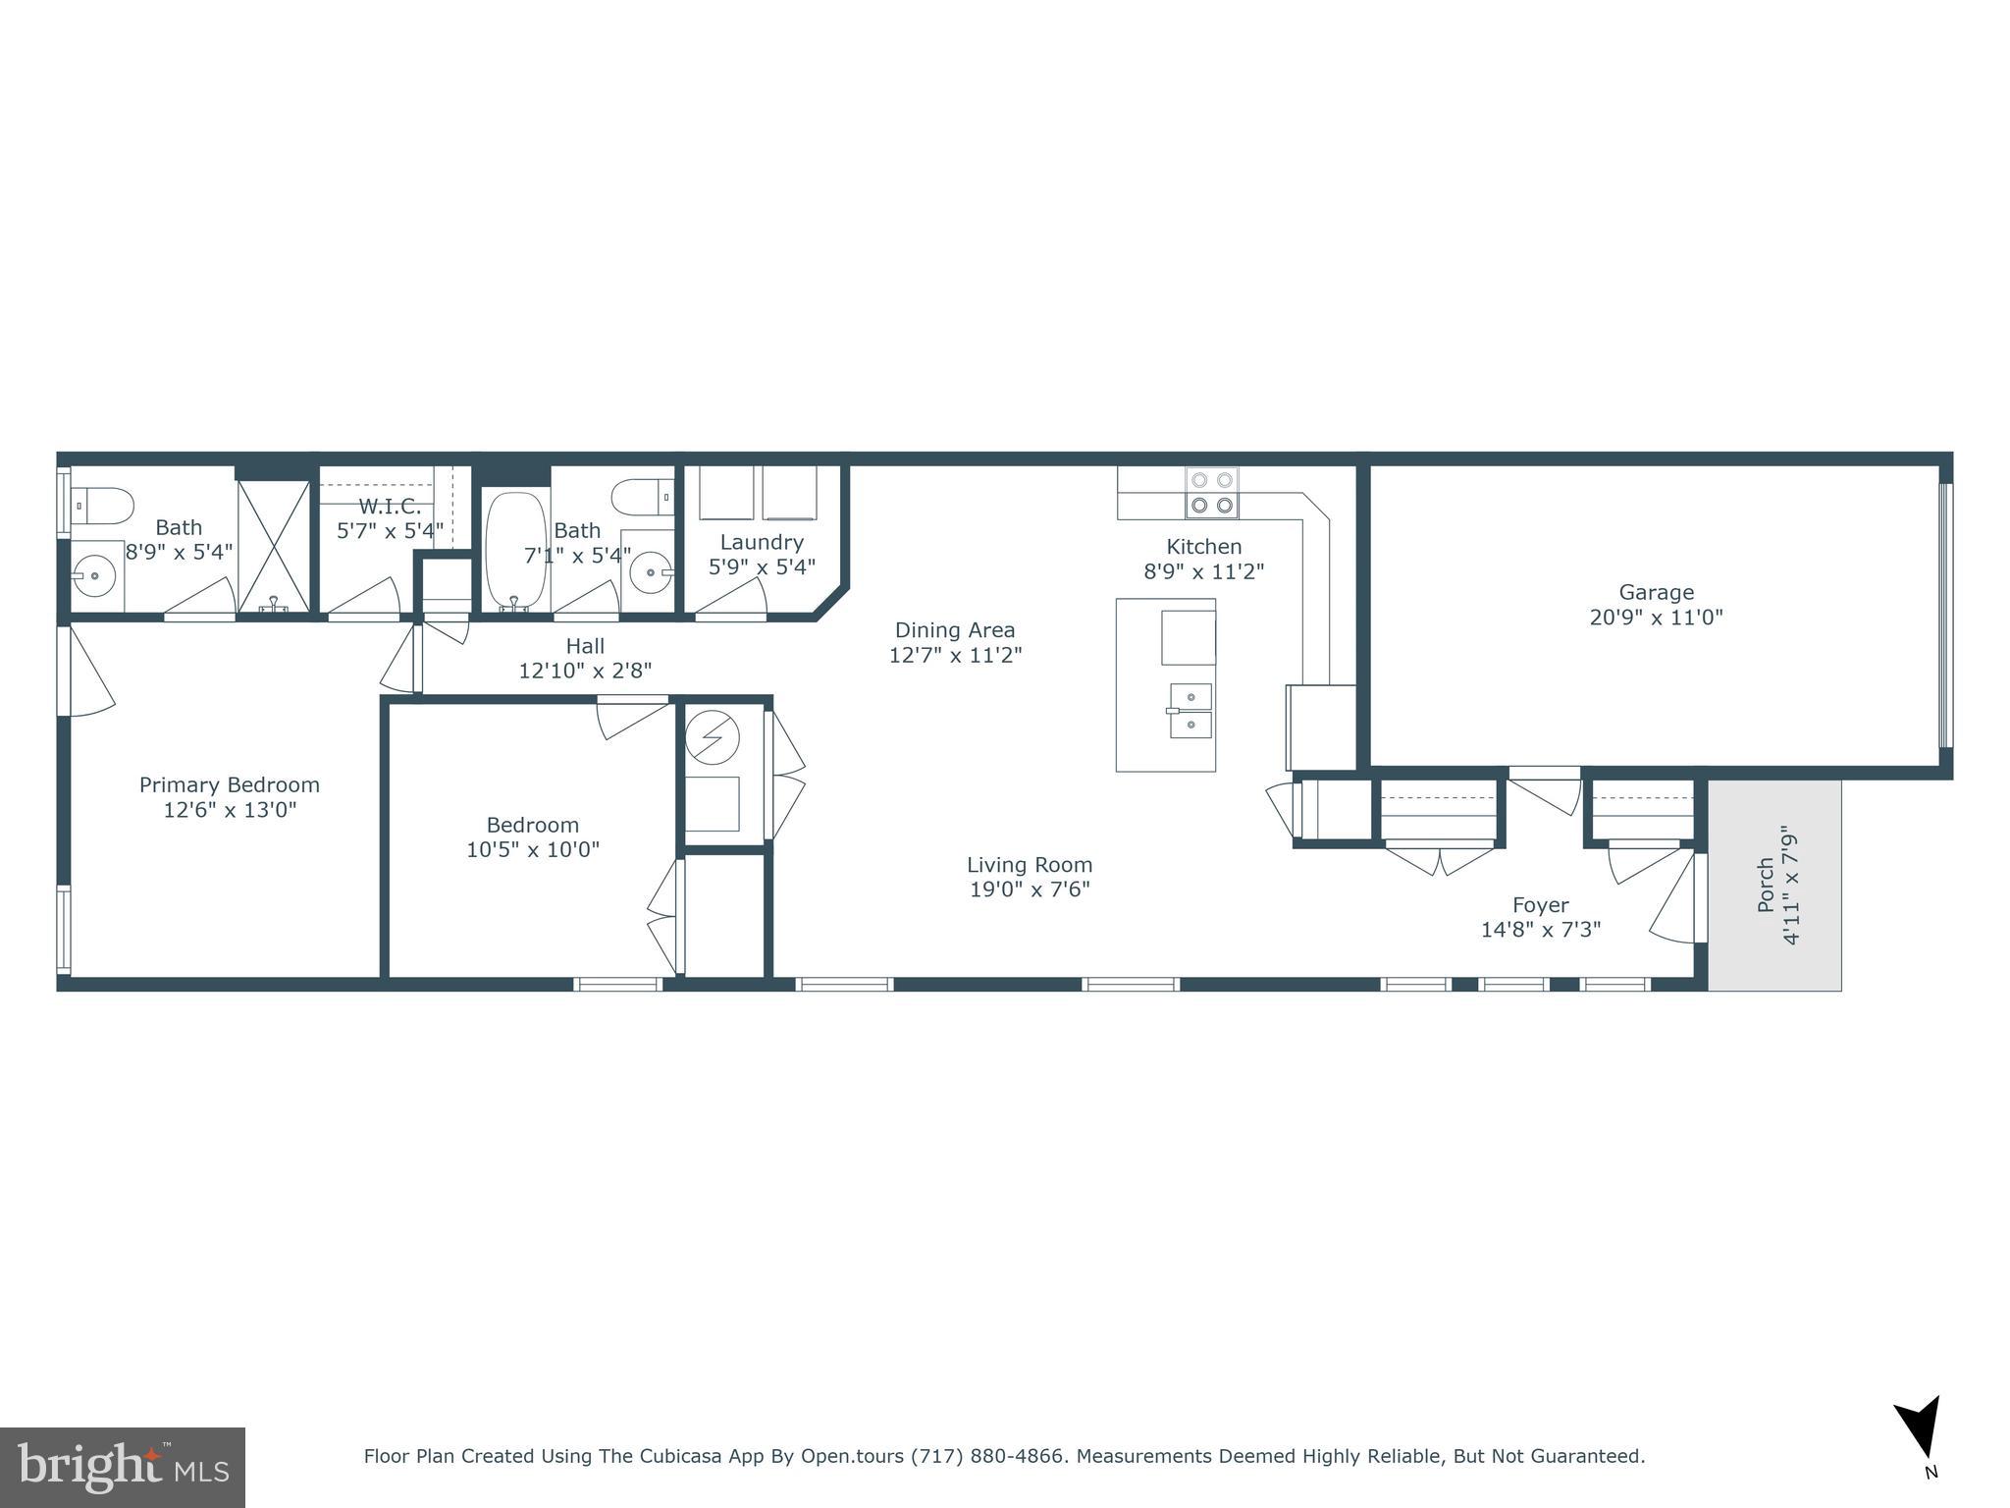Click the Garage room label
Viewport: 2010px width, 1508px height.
pos(1656,592)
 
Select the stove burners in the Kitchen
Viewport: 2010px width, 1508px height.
pos(1211,493)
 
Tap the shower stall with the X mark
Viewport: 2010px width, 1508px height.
pos(274,546)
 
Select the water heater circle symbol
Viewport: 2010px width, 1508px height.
pos(712,736)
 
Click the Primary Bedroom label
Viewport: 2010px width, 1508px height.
pos(229,784)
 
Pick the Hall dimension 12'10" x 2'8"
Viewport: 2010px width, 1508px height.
pos(585,671)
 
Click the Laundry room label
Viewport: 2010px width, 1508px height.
pos(762,542)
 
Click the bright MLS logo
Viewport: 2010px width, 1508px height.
pos(123,1467)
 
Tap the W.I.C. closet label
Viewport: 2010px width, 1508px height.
pos(390,507)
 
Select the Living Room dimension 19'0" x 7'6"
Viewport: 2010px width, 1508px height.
pos(1029,889)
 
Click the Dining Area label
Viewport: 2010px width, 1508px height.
pos(954,630)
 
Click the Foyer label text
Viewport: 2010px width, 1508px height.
pos(1540,904)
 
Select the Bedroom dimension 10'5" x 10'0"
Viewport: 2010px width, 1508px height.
pos(532,849)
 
